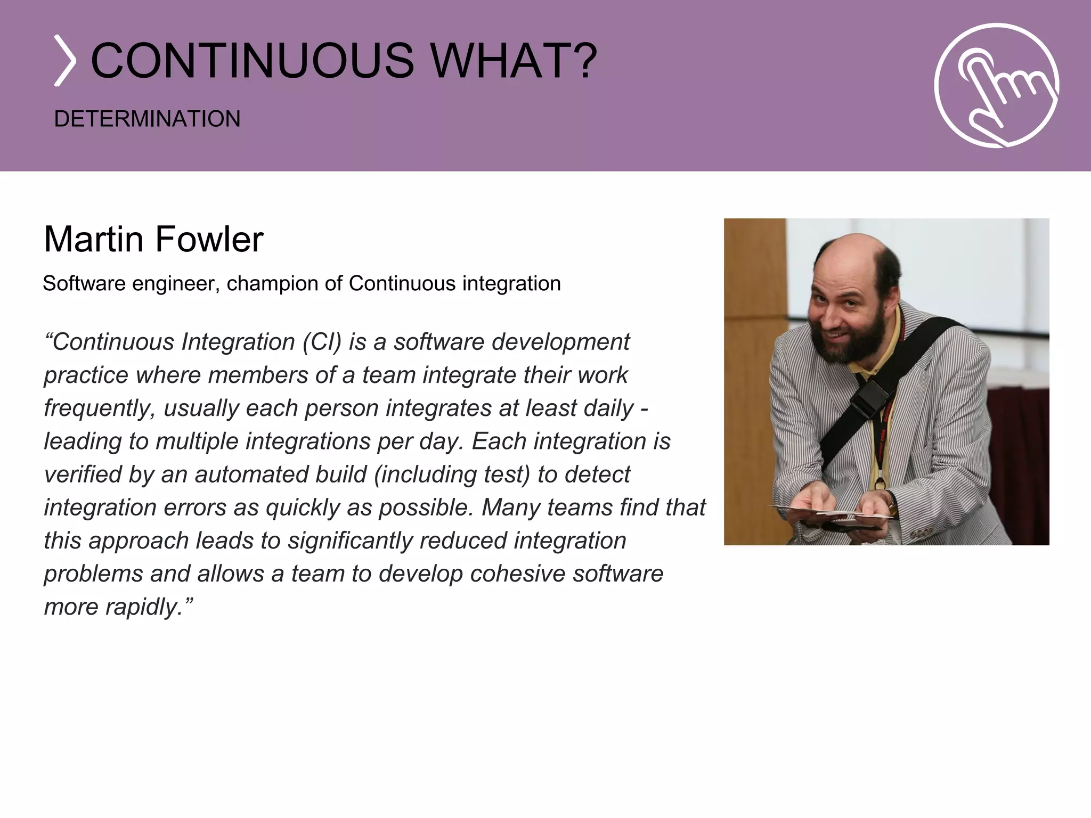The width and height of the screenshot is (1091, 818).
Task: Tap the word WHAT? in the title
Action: [x=514, y=61]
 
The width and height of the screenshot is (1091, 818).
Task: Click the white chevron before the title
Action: [x=65, y=61]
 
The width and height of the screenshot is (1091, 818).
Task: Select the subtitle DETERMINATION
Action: [x=147, y=119]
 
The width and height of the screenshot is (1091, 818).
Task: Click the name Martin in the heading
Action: [x=93, y=239]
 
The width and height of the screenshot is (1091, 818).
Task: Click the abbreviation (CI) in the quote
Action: [x=321, y=342]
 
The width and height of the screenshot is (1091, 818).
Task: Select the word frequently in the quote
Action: [x=99, y=408]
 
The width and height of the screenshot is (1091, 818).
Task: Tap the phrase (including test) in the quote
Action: [x=452, y=475]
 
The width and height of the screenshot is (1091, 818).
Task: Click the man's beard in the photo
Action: [x=847, y=341]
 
